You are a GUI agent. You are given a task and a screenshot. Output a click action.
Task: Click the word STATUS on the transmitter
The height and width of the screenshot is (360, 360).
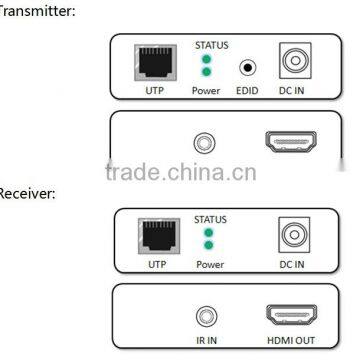(x=208, y=45)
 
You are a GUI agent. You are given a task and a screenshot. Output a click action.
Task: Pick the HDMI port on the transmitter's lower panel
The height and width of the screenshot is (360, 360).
(x=288, y=141)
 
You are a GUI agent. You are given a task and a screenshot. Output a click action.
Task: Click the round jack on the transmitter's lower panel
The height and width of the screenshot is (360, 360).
(x=206, y=142)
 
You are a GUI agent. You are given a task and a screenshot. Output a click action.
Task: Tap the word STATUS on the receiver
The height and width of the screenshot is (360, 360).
(x=208, y=220)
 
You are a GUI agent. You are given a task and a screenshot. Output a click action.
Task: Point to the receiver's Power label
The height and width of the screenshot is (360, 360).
(x=208, y=265)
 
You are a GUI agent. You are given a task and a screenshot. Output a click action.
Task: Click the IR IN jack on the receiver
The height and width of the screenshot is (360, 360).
(x=207, y=316)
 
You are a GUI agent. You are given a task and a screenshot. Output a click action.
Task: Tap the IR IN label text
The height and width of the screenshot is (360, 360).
(x=207, y=340)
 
